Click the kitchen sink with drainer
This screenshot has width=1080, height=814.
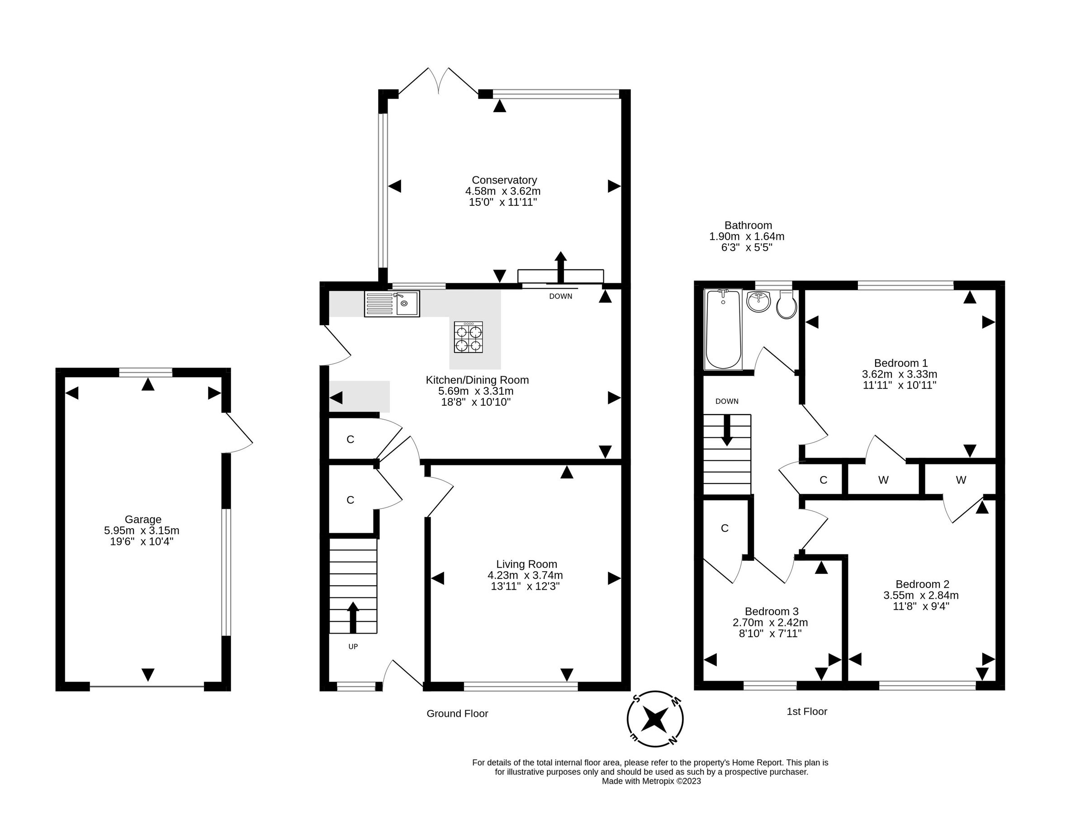coord(391,304)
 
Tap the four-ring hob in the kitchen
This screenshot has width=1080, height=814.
coord(468,337)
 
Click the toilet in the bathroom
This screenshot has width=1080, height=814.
coord(786,306)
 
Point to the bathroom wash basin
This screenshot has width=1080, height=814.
coord(758,301)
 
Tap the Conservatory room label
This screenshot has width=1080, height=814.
coord(504,180)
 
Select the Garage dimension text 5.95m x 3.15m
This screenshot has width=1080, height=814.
coord(142,531)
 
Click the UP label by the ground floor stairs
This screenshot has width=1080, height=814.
coord(353,647)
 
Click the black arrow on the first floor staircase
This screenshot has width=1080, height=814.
coord(726,430)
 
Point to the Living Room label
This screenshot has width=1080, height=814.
coord(526,564)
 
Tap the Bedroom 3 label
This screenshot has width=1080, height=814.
coord(772,611)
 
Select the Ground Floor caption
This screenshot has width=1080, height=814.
coord(457,714)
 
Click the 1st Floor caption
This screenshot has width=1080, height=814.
coord(806,711)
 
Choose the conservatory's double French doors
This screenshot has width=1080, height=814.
coord(438,80)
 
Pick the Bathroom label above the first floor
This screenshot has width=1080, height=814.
coord(748,226)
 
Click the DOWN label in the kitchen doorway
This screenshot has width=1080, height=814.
coord(560,296)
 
